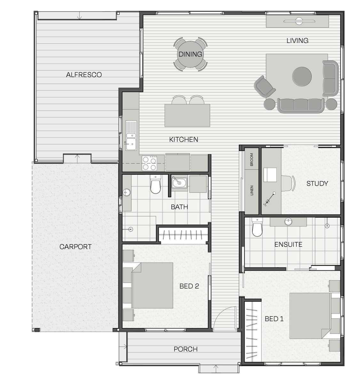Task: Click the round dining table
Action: (x=190, y=54)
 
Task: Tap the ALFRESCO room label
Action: (x=84, y=75)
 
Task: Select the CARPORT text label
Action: (x=75, y=247)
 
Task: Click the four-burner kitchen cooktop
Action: (x=149, y=163)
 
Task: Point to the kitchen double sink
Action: (x=131, y=136)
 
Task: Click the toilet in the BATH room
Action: (x=155, y=184)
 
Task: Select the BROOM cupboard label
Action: (x=251, y=159)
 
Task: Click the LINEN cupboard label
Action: (x=252, y=190)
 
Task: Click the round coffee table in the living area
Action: (x=302, y=76)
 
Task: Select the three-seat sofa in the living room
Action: (x=301, y=106)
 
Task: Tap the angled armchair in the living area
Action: (x=265, y=86)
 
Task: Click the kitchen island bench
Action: (x=187, y=116)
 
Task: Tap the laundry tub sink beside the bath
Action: (x=179, y=182)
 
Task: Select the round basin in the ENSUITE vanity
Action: (x=288, y=221)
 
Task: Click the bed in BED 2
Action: (x=152, y=285)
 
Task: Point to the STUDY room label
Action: (x=317, y=183)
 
